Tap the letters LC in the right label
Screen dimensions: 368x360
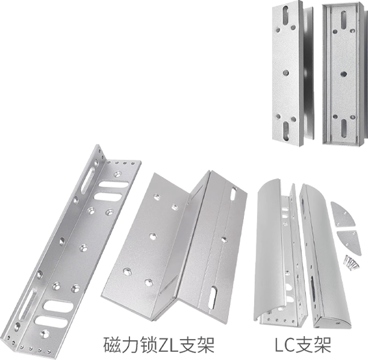coord(284,344)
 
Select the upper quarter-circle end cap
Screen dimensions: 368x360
coord(341,214)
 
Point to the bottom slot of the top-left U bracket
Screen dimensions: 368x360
coord(286,131)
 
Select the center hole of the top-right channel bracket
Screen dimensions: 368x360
coord(344,74)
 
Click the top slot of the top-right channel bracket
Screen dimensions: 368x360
coord(344,19)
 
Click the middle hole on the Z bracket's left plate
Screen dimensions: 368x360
coord(153,237)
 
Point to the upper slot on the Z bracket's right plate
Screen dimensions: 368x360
coord(234,194)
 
